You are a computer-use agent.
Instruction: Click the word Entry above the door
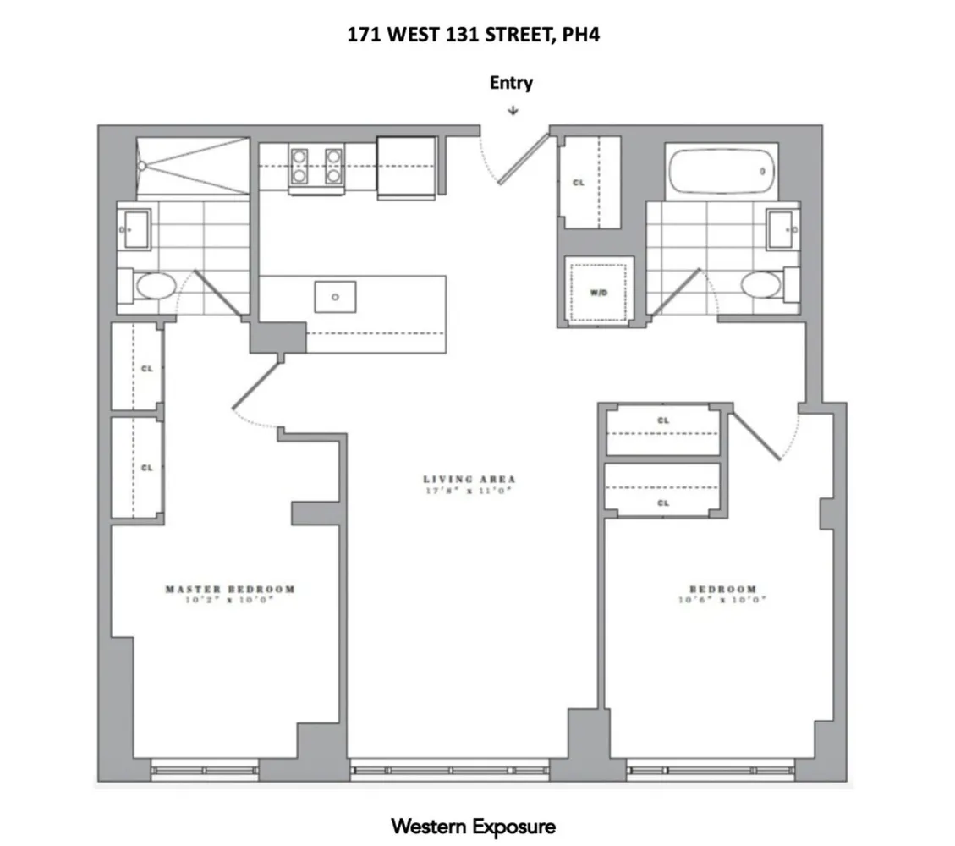[511, 83]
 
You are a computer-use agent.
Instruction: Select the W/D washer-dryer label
[599, 293]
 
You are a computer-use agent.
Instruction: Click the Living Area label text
[469, 480]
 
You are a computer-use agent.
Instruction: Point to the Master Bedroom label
[230, 589]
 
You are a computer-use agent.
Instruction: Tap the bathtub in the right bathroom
[720, 173]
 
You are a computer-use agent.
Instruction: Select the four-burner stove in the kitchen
[316, 166]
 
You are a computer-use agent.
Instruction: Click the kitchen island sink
[335, 297]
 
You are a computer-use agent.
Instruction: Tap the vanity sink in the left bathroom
[134, 229]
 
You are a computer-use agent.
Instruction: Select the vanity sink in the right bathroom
[782, 229]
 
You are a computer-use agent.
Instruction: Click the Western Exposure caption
[473, 826]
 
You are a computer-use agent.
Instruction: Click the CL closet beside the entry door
[579, 182]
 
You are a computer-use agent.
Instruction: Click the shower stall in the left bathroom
[194, 168]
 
